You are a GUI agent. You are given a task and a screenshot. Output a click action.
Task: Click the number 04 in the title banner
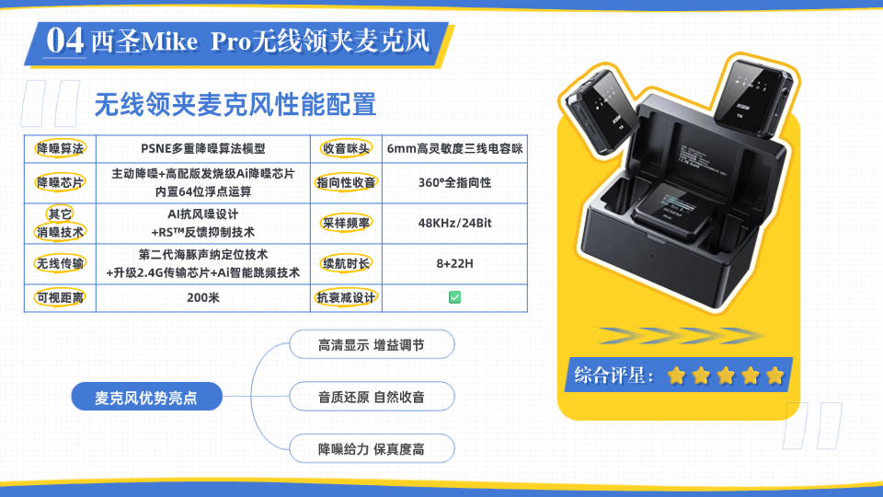(x=65, y=40)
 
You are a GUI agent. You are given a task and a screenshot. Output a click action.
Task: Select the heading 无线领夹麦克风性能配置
(x=235, y=104)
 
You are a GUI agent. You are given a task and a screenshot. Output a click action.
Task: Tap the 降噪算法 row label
(x=60, y=149)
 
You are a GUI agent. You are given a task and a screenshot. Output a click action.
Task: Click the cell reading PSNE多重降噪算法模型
(x=202, y=149)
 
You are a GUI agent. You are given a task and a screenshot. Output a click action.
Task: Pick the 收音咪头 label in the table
(x=346, y=149)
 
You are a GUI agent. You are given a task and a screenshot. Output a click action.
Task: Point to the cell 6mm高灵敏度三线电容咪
(x=454, y=149)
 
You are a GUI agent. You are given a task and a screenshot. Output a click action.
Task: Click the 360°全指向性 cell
(x=454, y=182)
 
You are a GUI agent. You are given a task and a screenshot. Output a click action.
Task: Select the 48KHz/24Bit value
(x=454, y=223)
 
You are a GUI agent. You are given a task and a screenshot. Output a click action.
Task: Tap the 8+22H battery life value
(x=454, y=264)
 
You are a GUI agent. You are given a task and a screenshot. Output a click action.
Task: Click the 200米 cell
(x=202, y=297)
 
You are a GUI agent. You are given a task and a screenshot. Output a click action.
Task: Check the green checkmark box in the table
(x=454, y=297)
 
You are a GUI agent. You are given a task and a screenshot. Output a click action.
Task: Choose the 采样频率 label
(x=346, y=223)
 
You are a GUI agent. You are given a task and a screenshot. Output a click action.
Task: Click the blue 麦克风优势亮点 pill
(x=146, y=397)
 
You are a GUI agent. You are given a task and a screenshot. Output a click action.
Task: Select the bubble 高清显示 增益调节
(x=372, y=345)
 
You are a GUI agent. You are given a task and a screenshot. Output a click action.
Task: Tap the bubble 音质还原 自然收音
(x=372, y=397)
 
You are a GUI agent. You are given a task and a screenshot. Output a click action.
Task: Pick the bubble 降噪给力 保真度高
(x=372, y=449)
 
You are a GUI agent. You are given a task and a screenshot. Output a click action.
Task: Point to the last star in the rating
(x=774, y=376)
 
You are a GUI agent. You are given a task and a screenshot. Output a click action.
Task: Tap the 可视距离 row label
(x=60, y=297)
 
